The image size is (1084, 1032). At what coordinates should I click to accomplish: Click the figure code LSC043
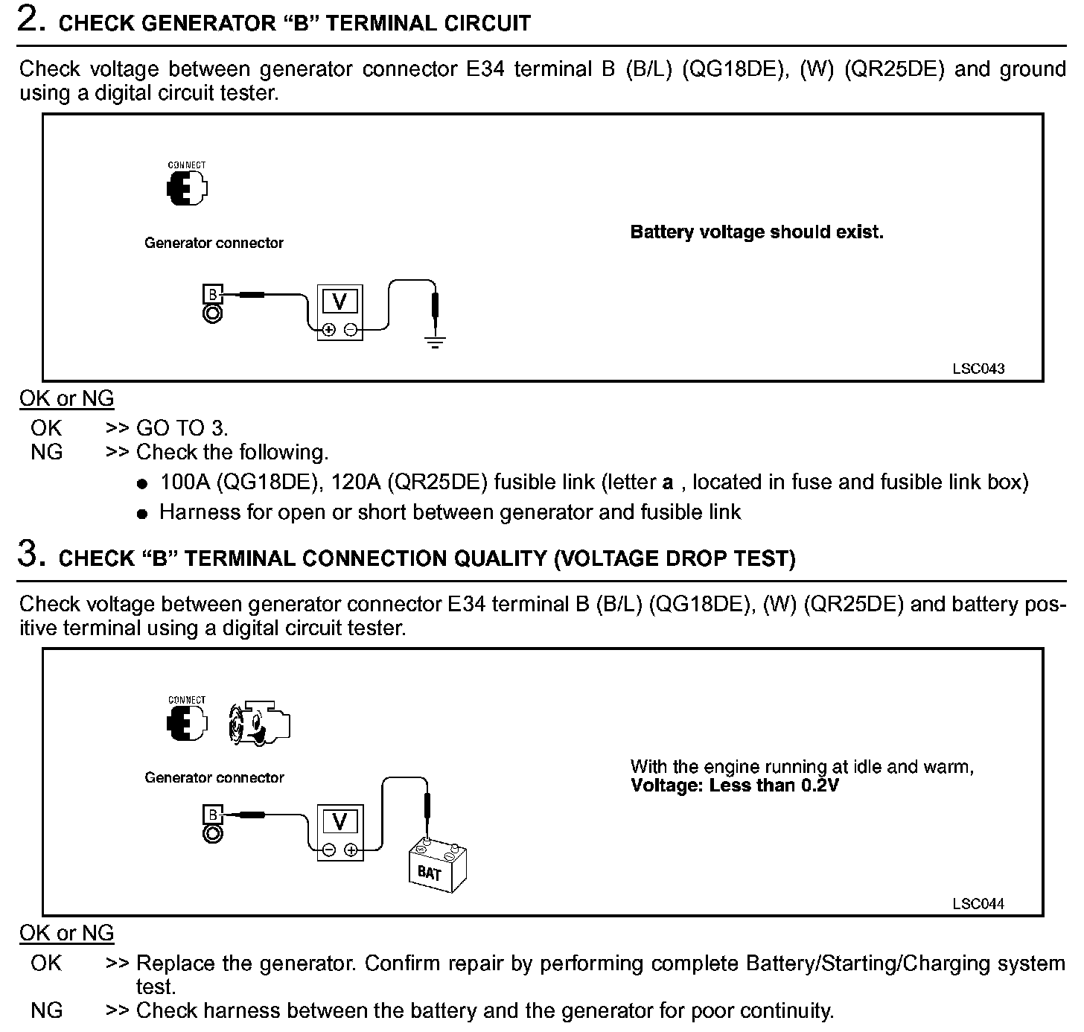point(978,369)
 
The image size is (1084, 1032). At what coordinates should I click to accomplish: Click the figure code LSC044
point(978,904)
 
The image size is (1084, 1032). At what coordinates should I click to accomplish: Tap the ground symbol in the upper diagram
point(435,343)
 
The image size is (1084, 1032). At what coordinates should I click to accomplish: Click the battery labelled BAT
point(437,866)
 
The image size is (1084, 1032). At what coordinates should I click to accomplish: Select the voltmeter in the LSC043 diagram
point(340,312)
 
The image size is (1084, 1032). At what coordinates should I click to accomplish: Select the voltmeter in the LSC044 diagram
point(340,832)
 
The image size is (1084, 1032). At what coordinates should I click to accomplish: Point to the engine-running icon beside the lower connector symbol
point(258,723)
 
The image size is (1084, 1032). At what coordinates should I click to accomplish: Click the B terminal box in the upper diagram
point(212,294)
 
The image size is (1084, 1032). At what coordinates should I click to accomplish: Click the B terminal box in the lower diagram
point(212,815)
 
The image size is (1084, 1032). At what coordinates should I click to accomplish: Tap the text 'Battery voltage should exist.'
point(756,232)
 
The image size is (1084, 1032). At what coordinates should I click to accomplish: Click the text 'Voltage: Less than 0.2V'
point(734,786)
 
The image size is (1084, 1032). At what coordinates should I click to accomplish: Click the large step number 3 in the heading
point(28,555)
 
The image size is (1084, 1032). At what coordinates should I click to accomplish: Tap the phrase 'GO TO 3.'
point(182,428)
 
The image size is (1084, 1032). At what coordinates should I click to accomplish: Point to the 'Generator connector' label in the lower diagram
point(214,778)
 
